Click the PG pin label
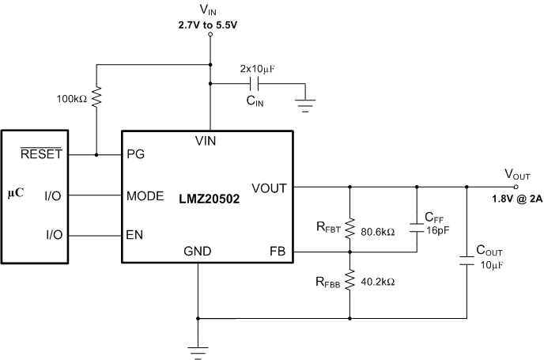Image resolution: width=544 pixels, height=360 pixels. [x=134, y=154]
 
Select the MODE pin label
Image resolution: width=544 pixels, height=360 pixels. [x=145, y=195]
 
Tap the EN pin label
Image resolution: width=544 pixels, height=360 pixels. [x=134, y=235]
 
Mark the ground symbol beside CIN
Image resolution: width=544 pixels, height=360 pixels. [x=305, y=104]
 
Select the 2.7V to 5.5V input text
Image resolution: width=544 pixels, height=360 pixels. [x=209, y=26]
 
